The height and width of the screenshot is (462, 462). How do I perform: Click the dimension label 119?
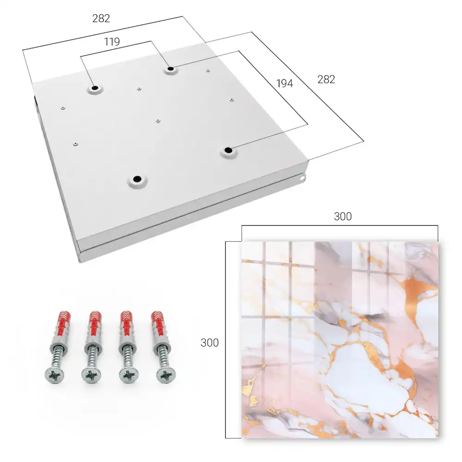tap(112, 42)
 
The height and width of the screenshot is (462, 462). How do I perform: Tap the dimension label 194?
tap(285, 83)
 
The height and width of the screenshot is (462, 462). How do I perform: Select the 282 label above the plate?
tap(101, 18)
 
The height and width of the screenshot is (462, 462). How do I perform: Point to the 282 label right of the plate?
tap(326, 79)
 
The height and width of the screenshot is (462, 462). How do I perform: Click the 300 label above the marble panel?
tap(343, 217)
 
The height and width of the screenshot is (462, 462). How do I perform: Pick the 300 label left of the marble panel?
tap(209, 343)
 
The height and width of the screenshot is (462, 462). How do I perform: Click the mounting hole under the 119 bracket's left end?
tap(95, 88)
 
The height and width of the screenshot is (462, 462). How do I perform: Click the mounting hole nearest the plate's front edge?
tap(137, 179)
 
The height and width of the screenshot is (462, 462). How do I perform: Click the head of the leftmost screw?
tap(55, 375)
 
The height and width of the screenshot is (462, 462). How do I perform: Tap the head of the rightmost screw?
tap(166, 375)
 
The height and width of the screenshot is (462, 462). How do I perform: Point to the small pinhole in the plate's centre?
tap(158, 121)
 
